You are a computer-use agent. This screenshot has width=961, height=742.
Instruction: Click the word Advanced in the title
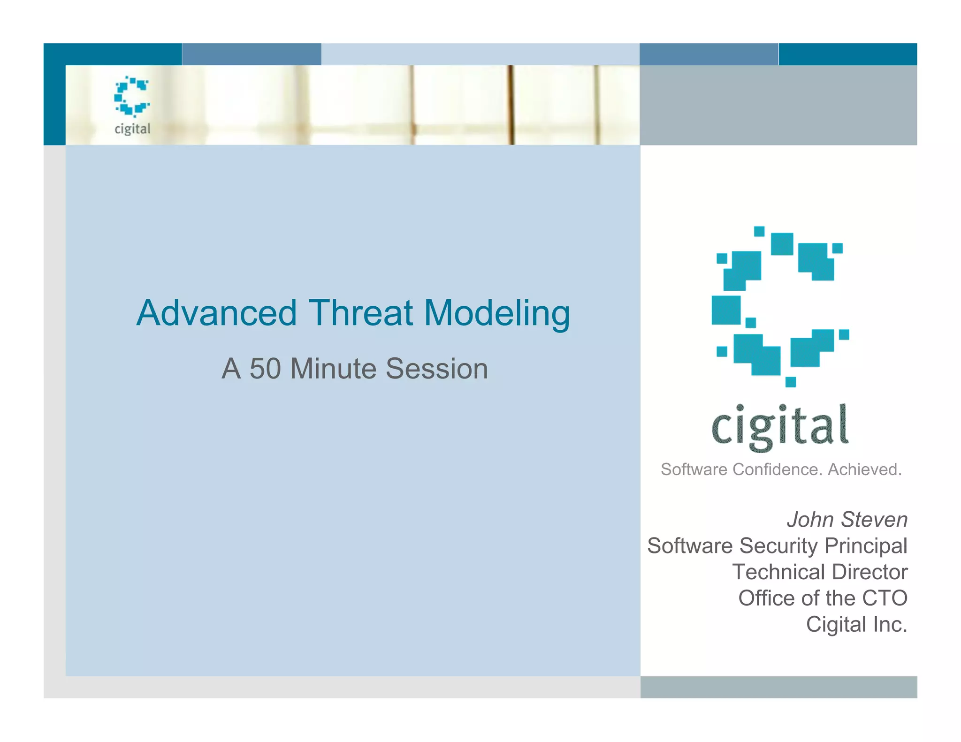pyautogui.click(x=216, y=313)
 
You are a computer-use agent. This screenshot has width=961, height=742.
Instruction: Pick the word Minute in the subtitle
pyautogui.click(x=333, y=369)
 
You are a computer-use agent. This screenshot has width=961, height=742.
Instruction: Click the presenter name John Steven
pyautogui.click(x=847, y=520)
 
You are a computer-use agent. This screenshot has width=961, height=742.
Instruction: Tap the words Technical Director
pyautogui.click(x=820, y=572)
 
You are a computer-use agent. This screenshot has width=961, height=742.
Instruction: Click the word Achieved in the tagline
pyautogui.click(x=864, y=469)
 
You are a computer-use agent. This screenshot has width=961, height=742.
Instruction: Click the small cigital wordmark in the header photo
pyautogui.click(x=132, y=129)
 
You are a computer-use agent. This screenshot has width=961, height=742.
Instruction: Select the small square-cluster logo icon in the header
pyautogui.click(x=132, y=96)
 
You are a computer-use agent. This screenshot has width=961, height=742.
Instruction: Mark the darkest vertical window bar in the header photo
pyautogui.click(x=511, y=105)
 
